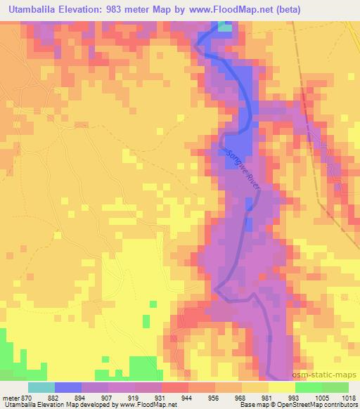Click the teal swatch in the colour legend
click(x=41, y=387)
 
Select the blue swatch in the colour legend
click(x=67, y=387)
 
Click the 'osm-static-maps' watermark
click(x=329, y=375)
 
